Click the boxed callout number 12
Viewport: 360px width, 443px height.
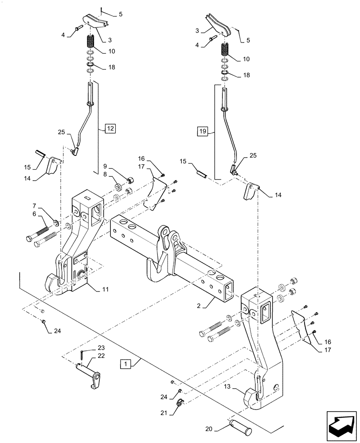[110, 129]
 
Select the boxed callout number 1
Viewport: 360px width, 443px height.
[127, 364]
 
